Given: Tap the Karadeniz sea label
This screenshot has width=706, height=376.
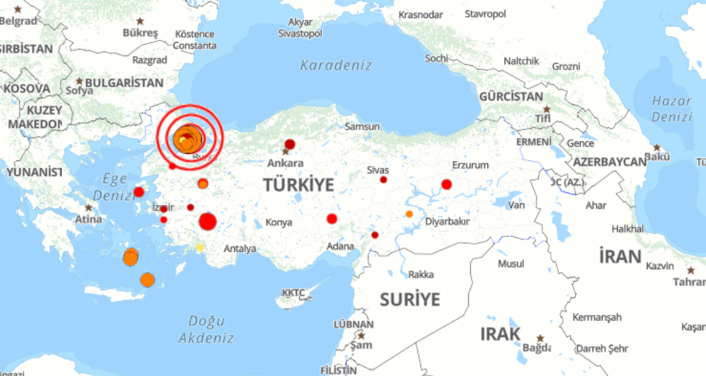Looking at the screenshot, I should tap(336, 65).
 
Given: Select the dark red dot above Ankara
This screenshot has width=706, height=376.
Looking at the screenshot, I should tap(290, 144).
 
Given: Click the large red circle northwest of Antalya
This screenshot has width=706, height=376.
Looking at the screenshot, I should tap(207, 221).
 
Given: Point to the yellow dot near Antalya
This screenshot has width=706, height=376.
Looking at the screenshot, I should tap(200, 247).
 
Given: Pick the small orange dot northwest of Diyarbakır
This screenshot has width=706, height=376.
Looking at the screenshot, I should tap(409, 214).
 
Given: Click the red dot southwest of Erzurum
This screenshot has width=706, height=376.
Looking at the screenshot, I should tap(446, 184).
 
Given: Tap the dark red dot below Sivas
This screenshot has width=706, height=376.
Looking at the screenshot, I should tap(383, 180).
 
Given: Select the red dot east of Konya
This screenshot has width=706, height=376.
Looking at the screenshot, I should tap(332, 219).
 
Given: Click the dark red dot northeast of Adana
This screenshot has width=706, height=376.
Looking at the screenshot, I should tap(375, 235).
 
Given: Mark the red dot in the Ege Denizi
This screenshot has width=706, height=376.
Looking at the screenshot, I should tap(139, 192).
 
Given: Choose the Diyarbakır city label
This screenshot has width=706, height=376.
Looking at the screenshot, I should tap(447, 221).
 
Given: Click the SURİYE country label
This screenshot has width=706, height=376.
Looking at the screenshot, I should tap(410, 299).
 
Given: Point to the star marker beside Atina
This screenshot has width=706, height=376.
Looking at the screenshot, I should tap(88, 208).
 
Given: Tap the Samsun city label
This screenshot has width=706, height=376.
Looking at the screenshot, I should tap(362, 127).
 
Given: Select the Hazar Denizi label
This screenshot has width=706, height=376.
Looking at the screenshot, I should tap(671, 109).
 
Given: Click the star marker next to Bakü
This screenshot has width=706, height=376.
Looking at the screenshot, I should tap(657, 147).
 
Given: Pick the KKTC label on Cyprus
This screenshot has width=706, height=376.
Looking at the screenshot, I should tap(293, 292).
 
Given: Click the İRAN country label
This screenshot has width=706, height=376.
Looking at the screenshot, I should tap(620, 257).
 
